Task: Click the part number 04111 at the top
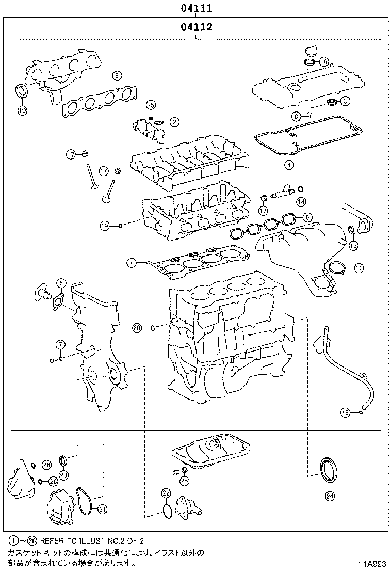(196, 9)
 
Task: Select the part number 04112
(197, 27)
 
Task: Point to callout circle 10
(22, 110)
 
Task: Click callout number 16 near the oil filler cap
(323, 62)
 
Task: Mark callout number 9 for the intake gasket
(306, 217)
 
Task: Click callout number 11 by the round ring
(358, 267)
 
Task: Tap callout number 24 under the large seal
(330, 496)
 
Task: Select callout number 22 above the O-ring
(166, 493)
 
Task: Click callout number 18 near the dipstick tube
(346, 412)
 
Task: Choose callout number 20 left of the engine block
(137, 327)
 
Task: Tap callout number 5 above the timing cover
(61, 282)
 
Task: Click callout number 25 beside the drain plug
(184, 481)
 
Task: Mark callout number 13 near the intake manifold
(353, 246)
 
